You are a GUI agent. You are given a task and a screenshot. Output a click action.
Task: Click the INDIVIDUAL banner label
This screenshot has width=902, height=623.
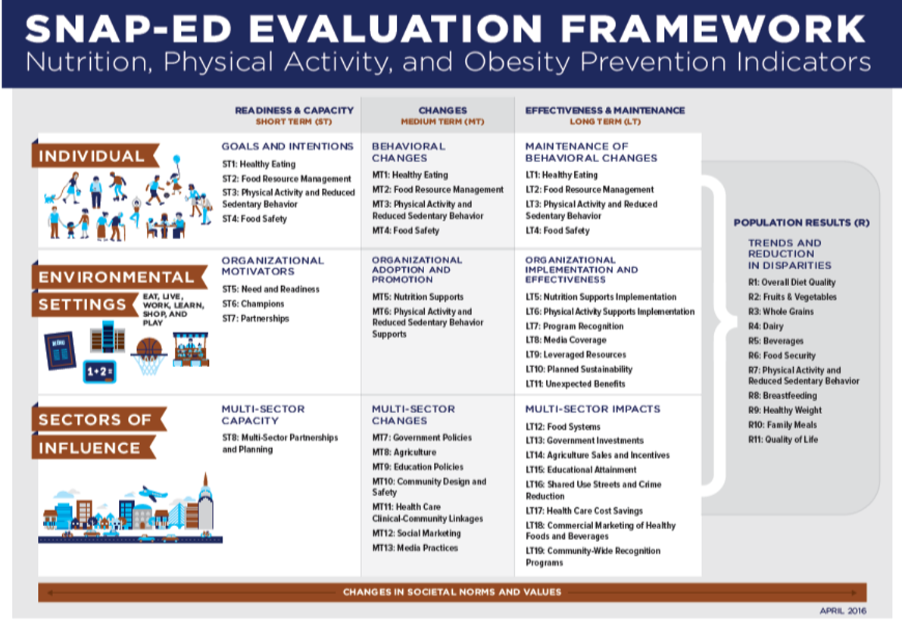(92, 156)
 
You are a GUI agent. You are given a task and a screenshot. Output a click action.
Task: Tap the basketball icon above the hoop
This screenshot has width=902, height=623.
(149, 347)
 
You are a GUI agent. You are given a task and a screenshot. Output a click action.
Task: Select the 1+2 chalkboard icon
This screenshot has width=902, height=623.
(99, 372)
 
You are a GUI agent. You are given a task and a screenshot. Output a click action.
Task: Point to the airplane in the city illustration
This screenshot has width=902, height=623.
(152, 494)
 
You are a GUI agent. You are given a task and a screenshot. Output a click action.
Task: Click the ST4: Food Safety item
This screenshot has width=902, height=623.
(254, 219)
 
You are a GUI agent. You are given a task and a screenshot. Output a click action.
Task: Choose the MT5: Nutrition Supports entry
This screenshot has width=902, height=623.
(417, 297)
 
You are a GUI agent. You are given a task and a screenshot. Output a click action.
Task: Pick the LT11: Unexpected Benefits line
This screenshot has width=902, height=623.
(576, 383)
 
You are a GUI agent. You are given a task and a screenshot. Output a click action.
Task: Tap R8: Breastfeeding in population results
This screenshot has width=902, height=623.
(782, 395)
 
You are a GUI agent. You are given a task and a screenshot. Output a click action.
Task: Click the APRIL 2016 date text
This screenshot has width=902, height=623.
(843, 610)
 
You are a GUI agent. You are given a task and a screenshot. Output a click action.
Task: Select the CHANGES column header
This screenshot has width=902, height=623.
(442, 110)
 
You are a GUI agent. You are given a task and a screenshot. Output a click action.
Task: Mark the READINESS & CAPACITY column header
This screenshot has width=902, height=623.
(294, 110)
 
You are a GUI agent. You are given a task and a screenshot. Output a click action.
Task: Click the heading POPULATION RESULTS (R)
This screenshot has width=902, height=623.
(801, 223)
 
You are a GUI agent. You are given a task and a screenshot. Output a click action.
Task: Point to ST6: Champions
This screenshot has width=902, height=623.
(253, 304)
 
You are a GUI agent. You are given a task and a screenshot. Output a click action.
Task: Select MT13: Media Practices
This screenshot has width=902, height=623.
(415, 548)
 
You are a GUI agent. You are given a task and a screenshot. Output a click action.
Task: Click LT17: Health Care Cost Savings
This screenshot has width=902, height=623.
(584, 510)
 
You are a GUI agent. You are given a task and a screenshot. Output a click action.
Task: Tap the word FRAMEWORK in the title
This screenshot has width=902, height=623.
(713, 28)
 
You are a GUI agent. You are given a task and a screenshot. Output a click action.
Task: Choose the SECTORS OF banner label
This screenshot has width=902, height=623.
(95, 419)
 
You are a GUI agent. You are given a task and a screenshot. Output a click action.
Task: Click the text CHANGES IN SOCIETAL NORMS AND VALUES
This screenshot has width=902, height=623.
(451, 592)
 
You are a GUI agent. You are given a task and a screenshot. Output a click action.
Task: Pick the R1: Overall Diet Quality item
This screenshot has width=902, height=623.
(791, 282)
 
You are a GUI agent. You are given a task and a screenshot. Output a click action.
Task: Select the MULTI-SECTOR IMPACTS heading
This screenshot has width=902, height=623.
(592, 409)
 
